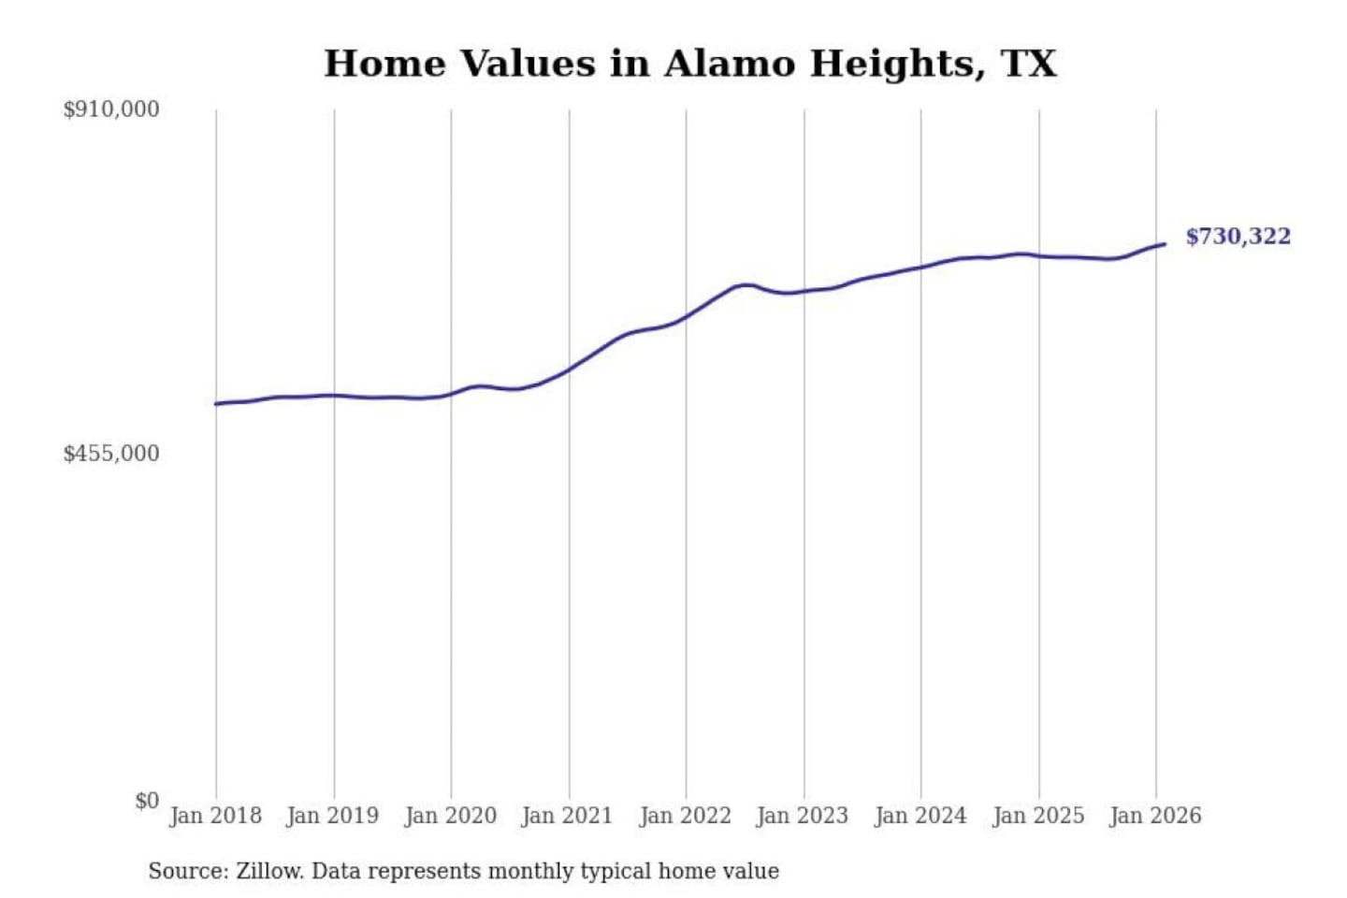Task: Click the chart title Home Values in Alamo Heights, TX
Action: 690,64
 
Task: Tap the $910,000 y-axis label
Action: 111,109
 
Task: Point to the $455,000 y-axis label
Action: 111,454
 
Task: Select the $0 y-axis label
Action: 147,801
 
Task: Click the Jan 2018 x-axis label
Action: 215,816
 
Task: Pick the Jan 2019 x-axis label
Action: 332,816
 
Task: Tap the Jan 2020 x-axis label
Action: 450,816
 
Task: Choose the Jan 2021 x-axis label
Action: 567,816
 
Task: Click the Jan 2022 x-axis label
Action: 685,816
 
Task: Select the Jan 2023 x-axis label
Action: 802,816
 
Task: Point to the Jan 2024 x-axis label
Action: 920,816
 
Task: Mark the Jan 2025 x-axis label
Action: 1037,816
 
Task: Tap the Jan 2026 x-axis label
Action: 1154,816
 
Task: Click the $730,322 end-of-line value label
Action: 1238,237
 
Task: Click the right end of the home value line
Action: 1165,244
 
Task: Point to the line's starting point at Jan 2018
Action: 216,404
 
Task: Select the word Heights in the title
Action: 896,64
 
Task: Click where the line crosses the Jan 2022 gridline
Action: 686,317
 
